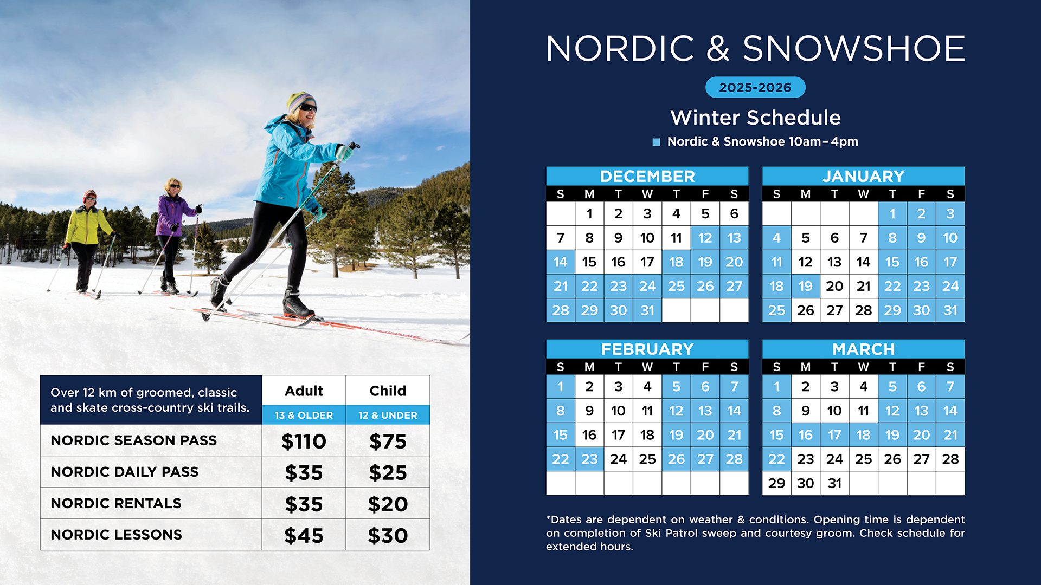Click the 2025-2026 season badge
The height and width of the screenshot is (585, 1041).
click(755, 87)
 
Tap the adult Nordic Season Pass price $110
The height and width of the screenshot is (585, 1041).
click(304, 441)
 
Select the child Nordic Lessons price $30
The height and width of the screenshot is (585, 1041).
click(388, 535)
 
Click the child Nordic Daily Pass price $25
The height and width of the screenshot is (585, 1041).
click(388, 472)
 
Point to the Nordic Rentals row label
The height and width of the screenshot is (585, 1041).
click(116, 503)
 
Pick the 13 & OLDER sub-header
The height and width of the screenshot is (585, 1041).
click(304, 415)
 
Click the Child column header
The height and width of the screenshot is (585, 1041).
click(388, 391)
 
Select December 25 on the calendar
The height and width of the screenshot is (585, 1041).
click(676, 286)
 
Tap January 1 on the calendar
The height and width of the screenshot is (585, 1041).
click(892, 213)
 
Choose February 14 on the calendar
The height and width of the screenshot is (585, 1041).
click(734, 411)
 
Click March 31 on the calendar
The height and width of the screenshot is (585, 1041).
click(834, 483)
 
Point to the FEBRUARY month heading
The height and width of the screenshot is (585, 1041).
click(647, 349)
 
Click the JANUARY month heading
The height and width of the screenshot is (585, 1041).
click(864, 176)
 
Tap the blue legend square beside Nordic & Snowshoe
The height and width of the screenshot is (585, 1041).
click(656, 142)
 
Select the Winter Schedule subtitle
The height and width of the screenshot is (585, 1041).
click(755, 118)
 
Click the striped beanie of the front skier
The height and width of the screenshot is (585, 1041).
click(300, 101)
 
